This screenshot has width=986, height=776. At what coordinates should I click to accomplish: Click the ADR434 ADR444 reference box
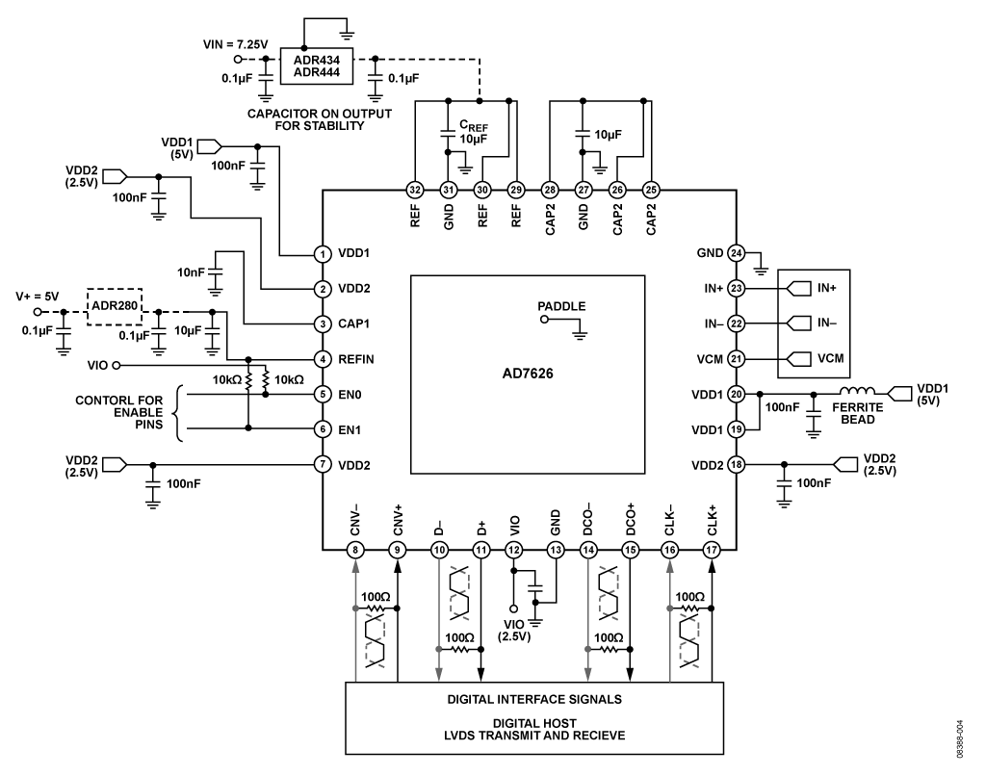(x=316, y=66)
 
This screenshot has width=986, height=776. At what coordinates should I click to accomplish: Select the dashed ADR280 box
(x=115, y=307)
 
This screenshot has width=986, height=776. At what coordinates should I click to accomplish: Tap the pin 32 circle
(x=415, y=190)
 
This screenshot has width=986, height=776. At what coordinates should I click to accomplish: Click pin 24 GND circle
(x=736, y=253)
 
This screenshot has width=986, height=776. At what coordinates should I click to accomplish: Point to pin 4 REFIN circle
(x=323, y=359)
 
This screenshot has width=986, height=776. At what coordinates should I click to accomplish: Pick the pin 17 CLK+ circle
(x=712, y=551)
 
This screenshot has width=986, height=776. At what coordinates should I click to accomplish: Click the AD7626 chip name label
(x=528, y=374)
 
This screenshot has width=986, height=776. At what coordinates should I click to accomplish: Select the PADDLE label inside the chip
(x=561, y=306)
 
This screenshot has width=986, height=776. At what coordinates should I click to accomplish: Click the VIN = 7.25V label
(x=235, y=44)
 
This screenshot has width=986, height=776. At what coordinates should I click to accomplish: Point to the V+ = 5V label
(x=38, y=297)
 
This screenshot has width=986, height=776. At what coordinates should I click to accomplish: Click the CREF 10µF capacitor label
(x=474, y=132)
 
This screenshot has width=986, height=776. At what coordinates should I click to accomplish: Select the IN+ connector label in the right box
(x=827, y=288)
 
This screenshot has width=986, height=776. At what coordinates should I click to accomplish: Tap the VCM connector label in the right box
(x=831, y=358)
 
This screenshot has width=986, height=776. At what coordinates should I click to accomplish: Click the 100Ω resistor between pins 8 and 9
(x=376, y=608)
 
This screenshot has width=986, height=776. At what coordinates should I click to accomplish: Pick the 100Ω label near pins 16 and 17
(x=689, y=597)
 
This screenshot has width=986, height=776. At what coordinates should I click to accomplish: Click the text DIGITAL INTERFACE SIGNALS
(x=534, y=699)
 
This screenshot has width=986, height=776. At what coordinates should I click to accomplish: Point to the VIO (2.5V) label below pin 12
(x=514, y=631)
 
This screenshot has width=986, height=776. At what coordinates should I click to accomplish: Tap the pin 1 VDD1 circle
(x=323, y=254)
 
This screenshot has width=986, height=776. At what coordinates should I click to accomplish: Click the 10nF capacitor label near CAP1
(x=192, y=272)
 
